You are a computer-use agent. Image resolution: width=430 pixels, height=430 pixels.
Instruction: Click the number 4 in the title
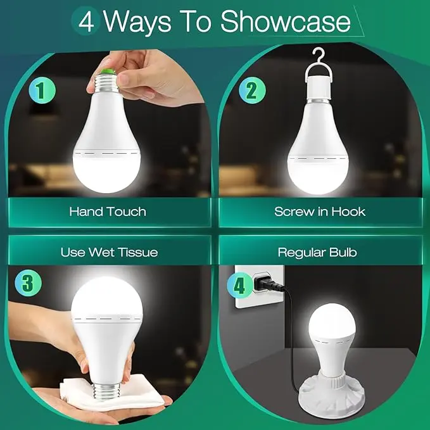point(86,22)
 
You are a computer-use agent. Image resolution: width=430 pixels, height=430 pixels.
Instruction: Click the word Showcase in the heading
point(286,22)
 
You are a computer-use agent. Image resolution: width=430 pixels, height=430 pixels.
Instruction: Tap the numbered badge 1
point(42,90)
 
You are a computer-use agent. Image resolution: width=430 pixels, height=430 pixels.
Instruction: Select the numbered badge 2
point(252,90)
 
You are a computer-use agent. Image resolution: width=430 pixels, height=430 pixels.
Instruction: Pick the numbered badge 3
point(28,282)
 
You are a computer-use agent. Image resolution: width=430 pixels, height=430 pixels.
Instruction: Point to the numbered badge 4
point(239,286)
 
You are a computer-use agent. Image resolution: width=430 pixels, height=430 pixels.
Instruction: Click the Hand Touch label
point(108,212)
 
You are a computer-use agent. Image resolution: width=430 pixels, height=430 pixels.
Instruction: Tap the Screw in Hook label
point(320,212)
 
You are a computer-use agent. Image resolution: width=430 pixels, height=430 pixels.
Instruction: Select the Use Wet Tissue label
point(109,252)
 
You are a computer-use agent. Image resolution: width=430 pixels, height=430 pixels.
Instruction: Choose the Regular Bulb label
point(317,252)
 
